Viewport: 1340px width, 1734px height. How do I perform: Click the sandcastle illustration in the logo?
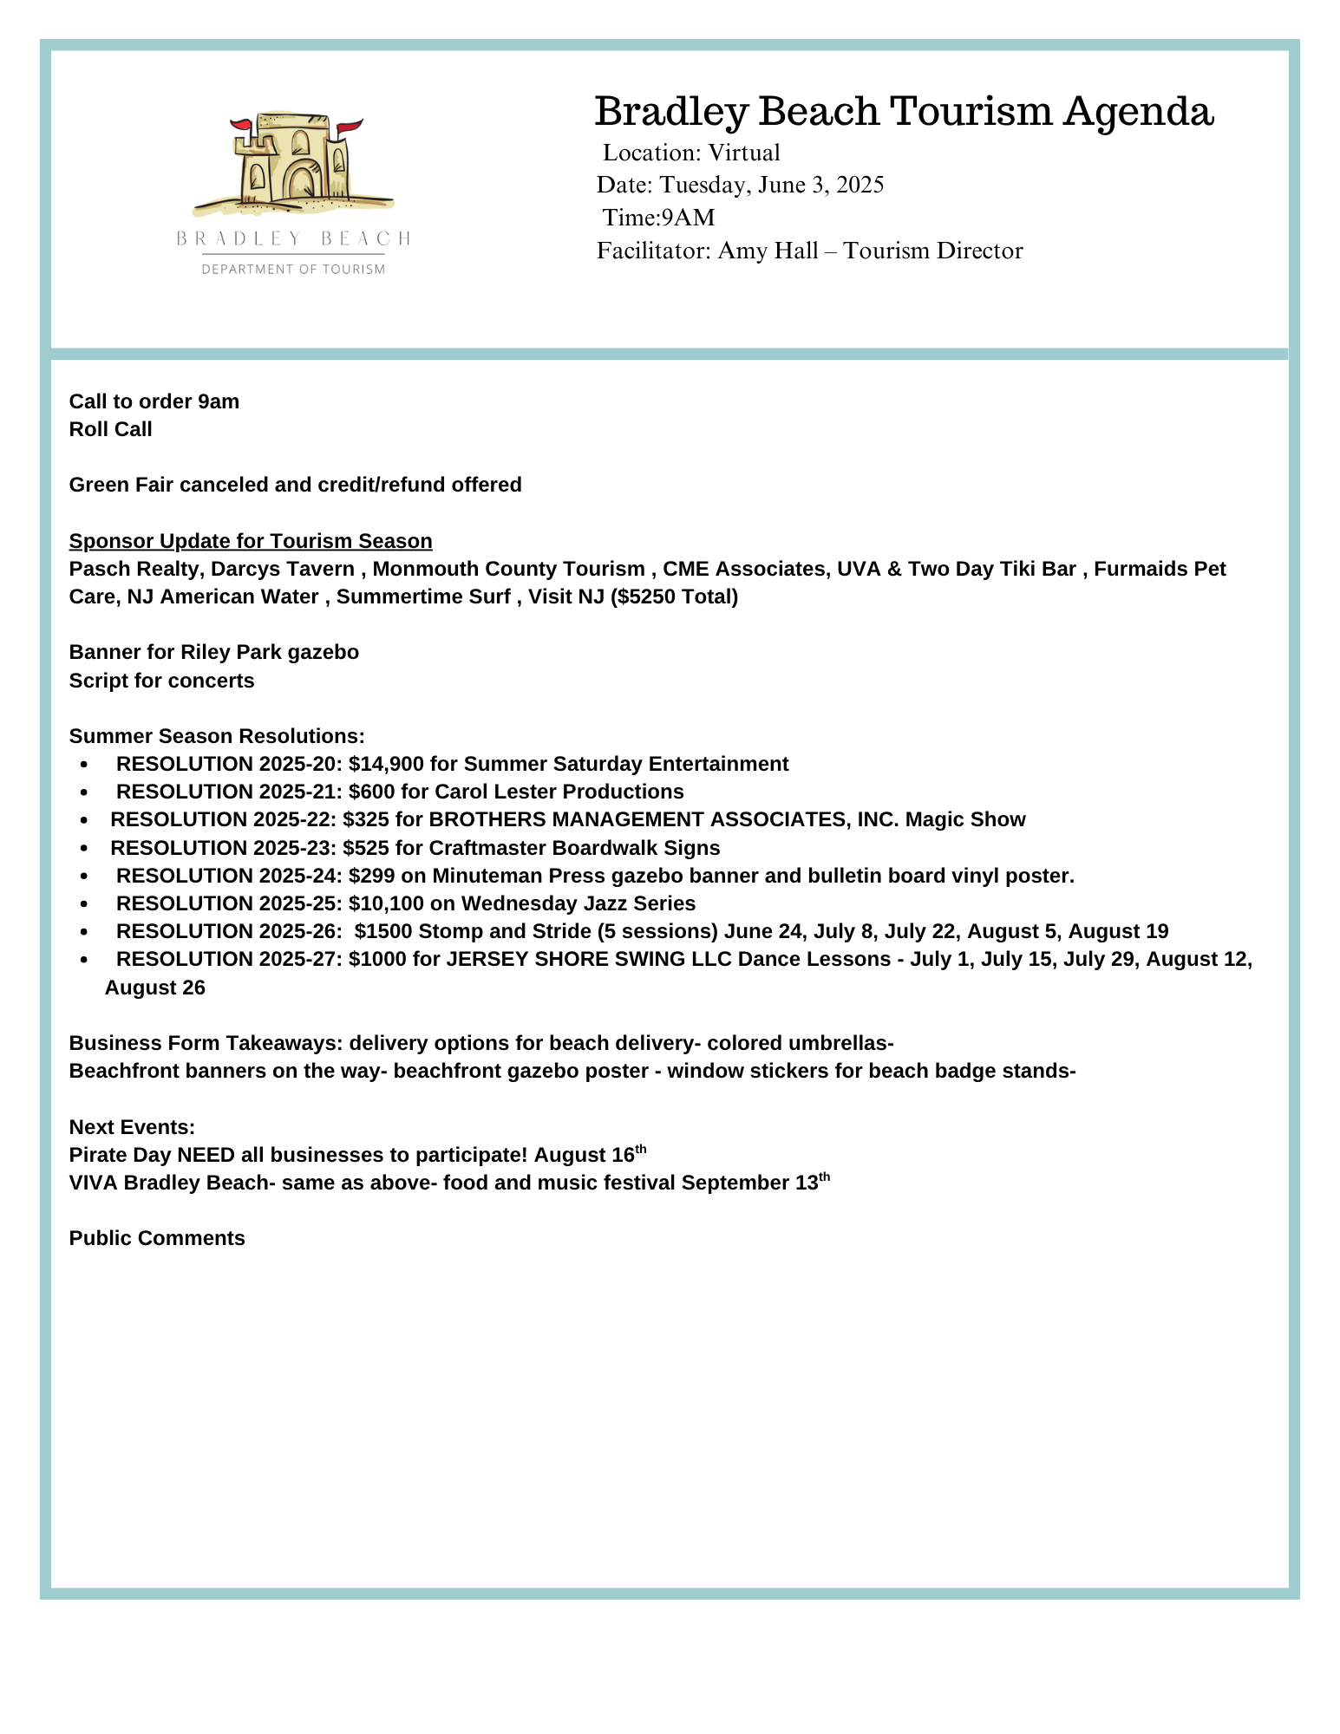pyautogui.click(x=292, y=163)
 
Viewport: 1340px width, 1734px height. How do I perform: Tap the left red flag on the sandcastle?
pyautogui.click(x=240, y=125)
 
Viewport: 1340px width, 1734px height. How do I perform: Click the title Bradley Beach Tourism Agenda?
pyautogui.click(x=904, y=112)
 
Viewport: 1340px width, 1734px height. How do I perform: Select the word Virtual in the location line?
pyautogui.click(x=743, y=153)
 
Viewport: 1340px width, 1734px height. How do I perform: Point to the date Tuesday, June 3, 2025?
pyautogui.click(x=771, y=185)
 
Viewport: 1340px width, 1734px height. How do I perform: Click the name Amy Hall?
pyautogui.click(x=768, y=251)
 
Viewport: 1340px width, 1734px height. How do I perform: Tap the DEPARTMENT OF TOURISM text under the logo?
pyautogui.click(x=293, y=270)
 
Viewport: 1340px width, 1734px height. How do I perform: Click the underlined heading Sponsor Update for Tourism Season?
pyautogui.click(x=251, y=541)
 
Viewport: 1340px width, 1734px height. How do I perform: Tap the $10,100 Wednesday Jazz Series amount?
pyautogui.click(x=386, y=903)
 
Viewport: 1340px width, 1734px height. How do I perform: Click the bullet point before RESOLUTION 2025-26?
pyautogui.click(x=84, y=932)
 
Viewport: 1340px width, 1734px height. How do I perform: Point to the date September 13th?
pyautogui.click(x=755, y=1183)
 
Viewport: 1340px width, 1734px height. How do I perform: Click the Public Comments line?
pyautogui.click(x=157, y=1238)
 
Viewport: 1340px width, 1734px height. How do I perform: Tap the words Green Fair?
pyautogui.click(x=121, y=485)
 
